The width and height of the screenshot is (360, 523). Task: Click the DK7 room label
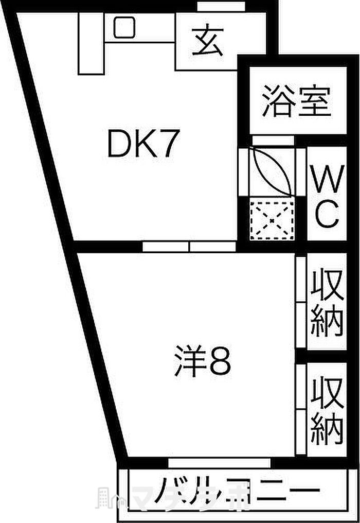pos(142,146)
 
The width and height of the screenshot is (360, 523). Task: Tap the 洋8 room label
pos(202,362)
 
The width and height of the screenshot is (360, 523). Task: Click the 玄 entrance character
pos(208,42)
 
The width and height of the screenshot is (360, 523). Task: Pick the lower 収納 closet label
pos(327,411)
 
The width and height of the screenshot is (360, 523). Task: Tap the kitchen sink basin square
pos(124,27)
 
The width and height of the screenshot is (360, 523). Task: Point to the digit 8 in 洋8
pos(220,362)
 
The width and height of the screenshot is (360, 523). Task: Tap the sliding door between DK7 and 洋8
pos(189,247)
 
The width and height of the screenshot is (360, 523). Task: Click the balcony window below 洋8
pos(219,462)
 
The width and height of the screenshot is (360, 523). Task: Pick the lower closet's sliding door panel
pos(301,409)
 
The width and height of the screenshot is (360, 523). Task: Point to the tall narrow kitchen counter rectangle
pos(91,43)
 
